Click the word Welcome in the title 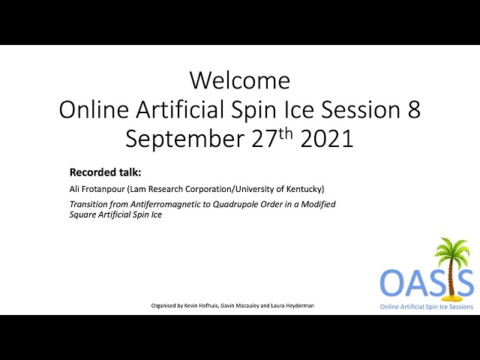coord(240,80)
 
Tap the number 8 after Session coord(413,109)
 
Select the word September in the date coord(184,139)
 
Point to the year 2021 coord(327,139)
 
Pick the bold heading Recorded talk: coord(105,172)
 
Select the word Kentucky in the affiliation coord(305,189)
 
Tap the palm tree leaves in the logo coord(452,250)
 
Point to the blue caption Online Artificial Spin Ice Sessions coord(427,307)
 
